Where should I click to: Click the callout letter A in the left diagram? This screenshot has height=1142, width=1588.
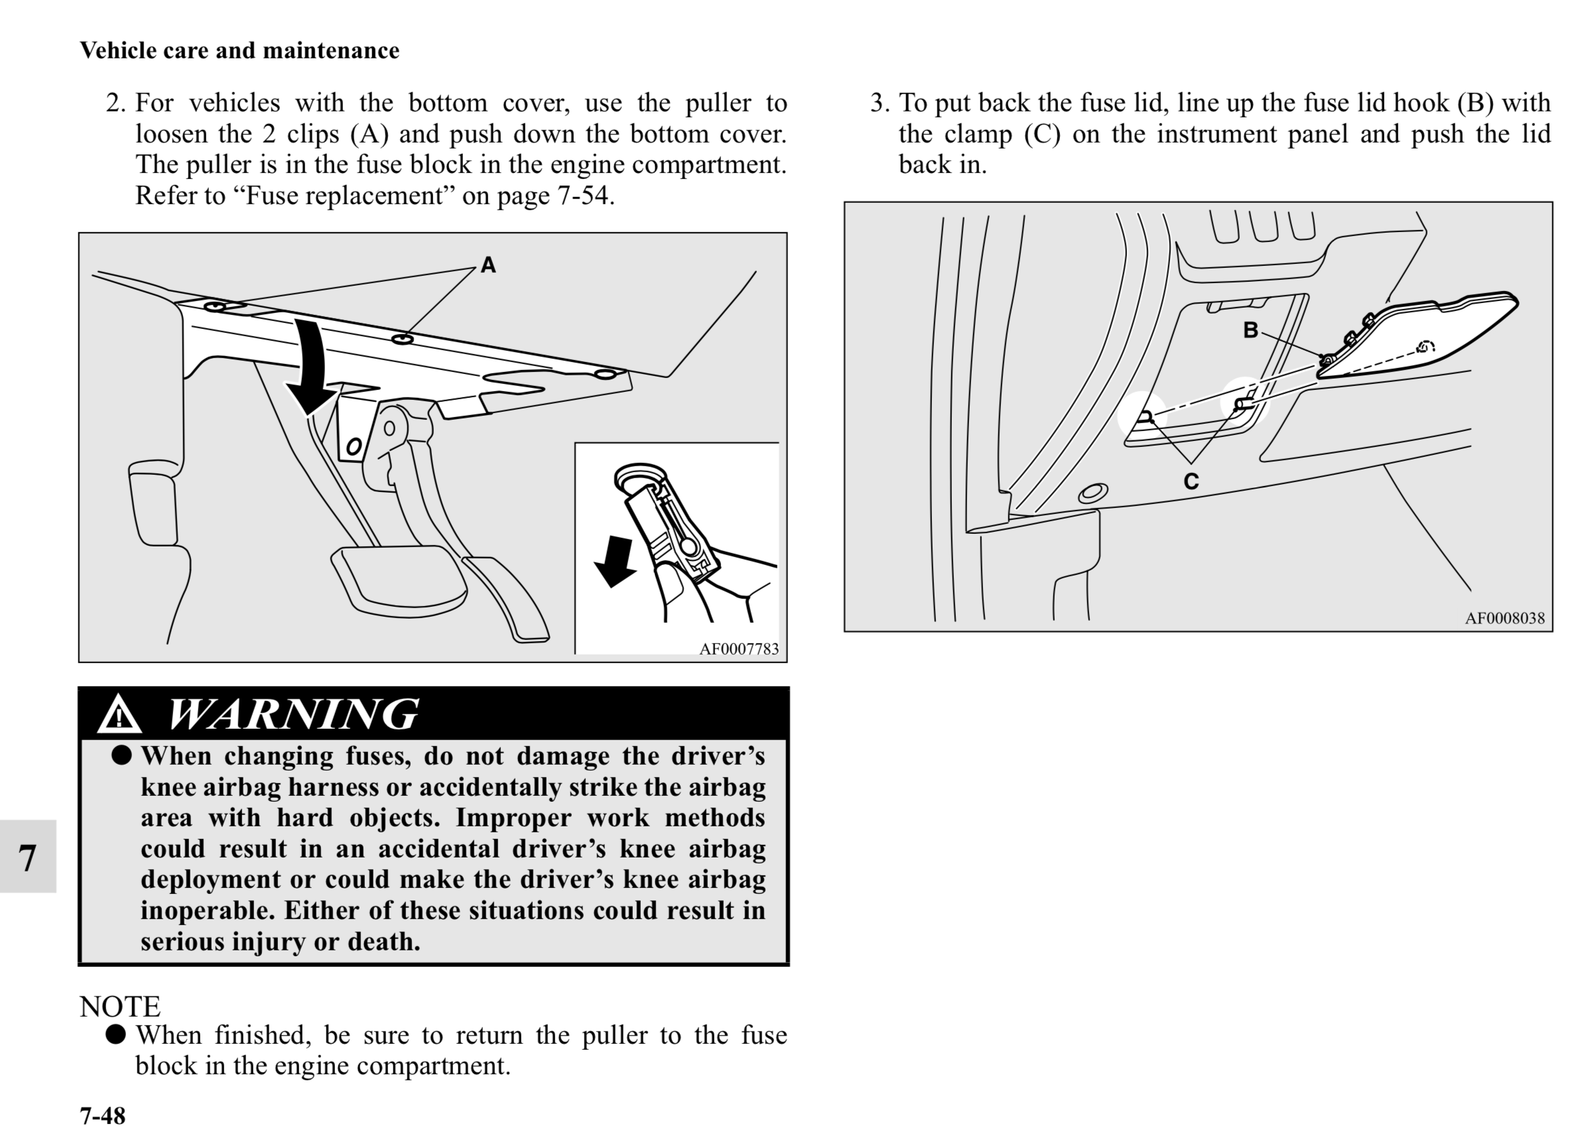(488, 265)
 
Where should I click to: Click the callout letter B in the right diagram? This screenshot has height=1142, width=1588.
(1250, 330)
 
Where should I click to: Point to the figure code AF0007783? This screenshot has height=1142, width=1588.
(739, 649)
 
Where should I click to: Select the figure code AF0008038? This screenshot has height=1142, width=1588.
(1504, 618)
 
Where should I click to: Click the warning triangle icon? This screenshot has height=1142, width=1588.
(119, 715)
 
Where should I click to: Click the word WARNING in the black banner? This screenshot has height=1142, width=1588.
(293, 714)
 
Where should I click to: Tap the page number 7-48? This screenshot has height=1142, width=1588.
(102, 1115)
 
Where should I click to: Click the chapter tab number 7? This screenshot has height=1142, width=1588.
(27, 857)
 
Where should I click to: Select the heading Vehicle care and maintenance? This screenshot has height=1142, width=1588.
(239, 50)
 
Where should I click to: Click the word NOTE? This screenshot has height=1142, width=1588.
(119, 1006)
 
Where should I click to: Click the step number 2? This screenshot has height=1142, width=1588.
(115, 103)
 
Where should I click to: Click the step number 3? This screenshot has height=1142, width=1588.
(880, 103)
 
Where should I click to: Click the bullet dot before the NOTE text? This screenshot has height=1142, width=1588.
(115, 1034)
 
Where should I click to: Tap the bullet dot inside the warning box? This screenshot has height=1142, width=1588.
(122, 755)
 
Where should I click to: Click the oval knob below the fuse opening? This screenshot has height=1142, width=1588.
(1092, 493)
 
